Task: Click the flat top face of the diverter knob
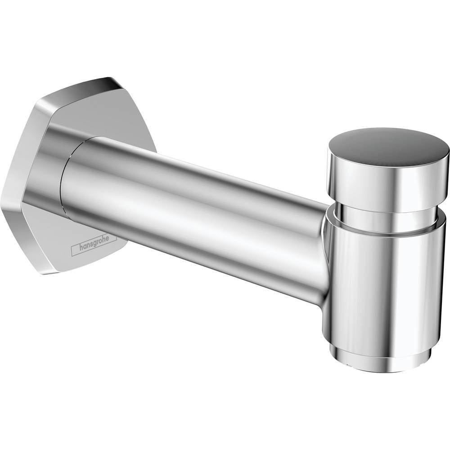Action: [x=387, y=143]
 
